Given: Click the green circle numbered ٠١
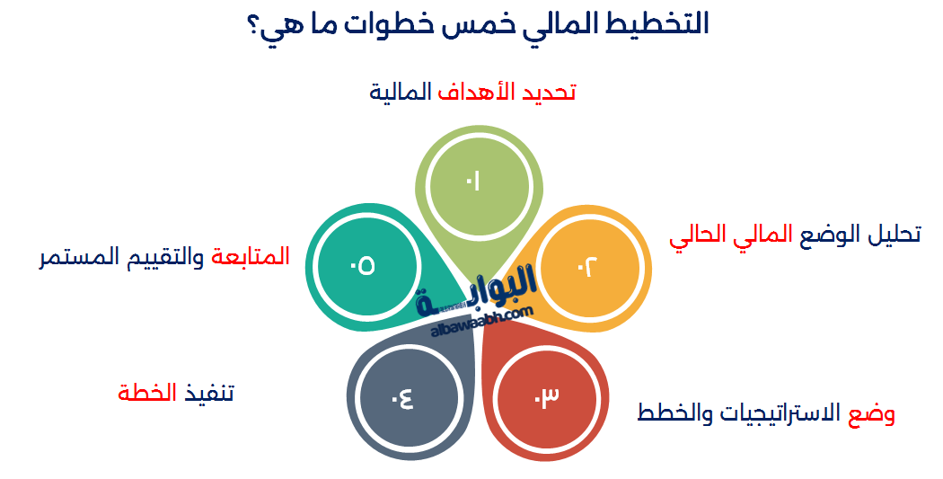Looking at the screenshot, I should [472, 182].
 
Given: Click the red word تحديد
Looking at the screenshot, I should [548, 92].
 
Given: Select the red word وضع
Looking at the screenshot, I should [871, 413].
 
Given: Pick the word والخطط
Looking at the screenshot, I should [668, 413].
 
